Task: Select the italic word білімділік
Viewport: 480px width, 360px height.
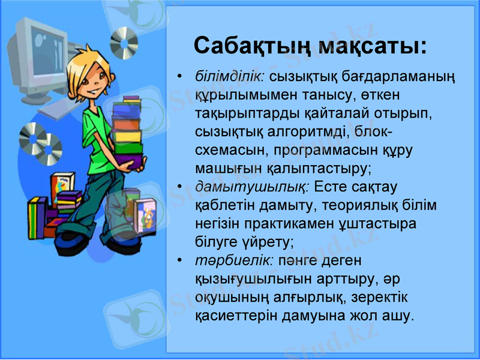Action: tap(231, 77)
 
